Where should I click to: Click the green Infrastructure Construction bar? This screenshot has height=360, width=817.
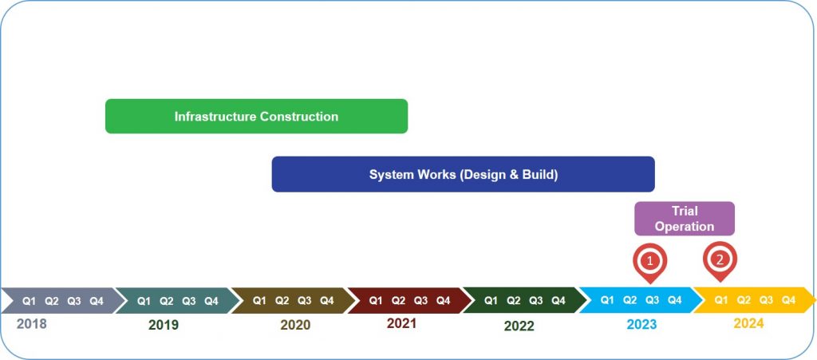click(256, 117)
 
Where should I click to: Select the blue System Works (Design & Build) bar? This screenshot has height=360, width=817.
click(464, 174)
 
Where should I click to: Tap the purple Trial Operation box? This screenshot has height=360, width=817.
click(684, 219)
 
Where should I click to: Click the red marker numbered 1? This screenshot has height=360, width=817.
click(649, 262)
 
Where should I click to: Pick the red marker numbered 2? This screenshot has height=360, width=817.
click(720, 260)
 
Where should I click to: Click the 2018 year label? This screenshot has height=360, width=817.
click(31, 324)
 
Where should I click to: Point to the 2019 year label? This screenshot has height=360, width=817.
click(163, 325)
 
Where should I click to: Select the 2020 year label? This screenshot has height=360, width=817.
click(295, 325)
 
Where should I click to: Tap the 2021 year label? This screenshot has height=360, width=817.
click(402, 323)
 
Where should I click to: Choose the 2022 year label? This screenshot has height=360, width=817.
click(519, 326)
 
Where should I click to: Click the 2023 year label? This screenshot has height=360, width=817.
click(641, 325)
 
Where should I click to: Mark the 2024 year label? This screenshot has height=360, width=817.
click(748, 323)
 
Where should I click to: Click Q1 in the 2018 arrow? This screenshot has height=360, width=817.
click(30, 301)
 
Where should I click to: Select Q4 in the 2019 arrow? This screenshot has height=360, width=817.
click(211, 301)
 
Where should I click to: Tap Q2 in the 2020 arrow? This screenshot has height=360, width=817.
click(282, 301)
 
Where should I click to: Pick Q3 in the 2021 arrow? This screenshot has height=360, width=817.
click(421, 301)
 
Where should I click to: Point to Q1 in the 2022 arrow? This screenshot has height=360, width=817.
click(491, 301)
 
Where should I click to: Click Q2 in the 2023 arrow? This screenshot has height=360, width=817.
click(630, 300)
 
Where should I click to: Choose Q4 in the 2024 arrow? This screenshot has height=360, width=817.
click(789, 300)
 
